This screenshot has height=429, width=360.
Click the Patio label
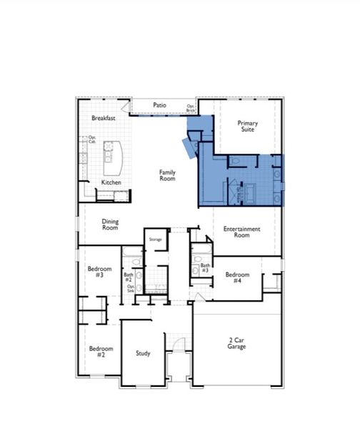pyautogui.click(x=159, y=106)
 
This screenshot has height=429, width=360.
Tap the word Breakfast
pyautogui.click(x=104, y=119)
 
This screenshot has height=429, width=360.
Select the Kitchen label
pyautogui.click(x=111, y=183)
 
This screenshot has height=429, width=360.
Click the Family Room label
pyautogui.click(x=167, y=175)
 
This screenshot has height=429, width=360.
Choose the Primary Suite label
pyautogui.click(x=248, y=127)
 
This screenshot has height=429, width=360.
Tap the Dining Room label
pyautogui.click(x=110, y=225)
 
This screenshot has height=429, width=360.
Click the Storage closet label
pyautogui.click(x=156, y=240)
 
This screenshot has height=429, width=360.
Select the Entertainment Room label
pyautogui.click(x=241, y=232)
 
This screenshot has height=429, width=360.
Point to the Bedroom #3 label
pyautogui.click(x=96, y=272)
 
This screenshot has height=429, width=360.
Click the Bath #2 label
pyautogui.click(x=129, y=277)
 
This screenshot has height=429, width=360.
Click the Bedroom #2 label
pyautogui.click(x=96, y=352)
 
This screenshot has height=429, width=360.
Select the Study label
pyautogui.click(x=143, y=353)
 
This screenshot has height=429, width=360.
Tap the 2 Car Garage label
pyautogui.click(x=236, y=344)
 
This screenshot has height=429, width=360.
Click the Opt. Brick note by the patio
pyautogui.click(x=191, y=108)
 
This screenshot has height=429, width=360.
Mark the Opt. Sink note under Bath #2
pyautogui.click(x=131, y=290)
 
